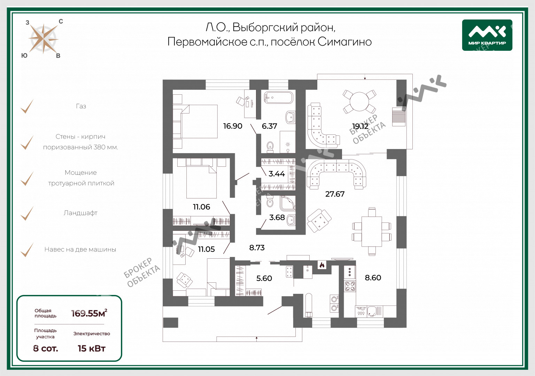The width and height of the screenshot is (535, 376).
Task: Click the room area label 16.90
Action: point(233,126)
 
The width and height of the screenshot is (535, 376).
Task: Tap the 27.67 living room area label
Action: point(335,194)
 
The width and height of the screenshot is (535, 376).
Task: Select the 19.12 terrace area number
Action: point(360,126)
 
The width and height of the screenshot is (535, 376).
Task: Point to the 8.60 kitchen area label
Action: point(373,277)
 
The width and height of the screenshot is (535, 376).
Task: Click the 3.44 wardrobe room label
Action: point(277,174)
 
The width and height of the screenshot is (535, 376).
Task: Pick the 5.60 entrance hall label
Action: point(264,278)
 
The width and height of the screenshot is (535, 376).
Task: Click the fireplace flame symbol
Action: point(322,265)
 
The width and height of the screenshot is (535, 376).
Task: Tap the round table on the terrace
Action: point(359,101)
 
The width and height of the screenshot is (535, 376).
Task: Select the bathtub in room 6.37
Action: point(279,97)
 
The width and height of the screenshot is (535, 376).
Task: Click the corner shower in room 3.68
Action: point(288,203)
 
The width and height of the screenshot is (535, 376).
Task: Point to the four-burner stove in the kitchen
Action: point(350,286)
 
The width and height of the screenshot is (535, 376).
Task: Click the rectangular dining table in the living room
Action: point(371,231)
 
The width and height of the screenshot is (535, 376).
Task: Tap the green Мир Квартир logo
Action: point(487,35)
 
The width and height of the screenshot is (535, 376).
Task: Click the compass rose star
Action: point(44,39)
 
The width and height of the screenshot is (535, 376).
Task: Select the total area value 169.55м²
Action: point(89,313)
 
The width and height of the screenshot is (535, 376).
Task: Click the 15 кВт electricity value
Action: point(92,348)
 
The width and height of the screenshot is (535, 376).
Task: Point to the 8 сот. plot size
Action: point(46,348)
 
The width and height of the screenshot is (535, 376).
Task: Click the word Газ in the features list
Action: point(81,106)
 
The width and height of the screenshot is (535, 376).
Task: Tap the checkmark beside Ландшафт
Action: point(27,213)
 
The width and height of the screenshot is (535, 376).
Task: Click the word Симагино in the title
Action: point(344,42)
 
